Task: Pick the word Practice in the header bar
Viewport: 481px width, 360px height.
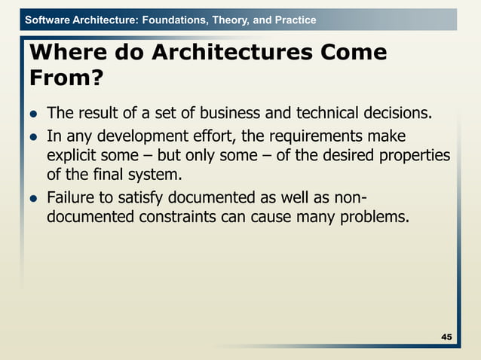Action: pos(296,20)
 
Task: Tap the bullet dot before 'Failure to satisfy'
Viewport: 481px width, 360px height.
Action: pos(33,200)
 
